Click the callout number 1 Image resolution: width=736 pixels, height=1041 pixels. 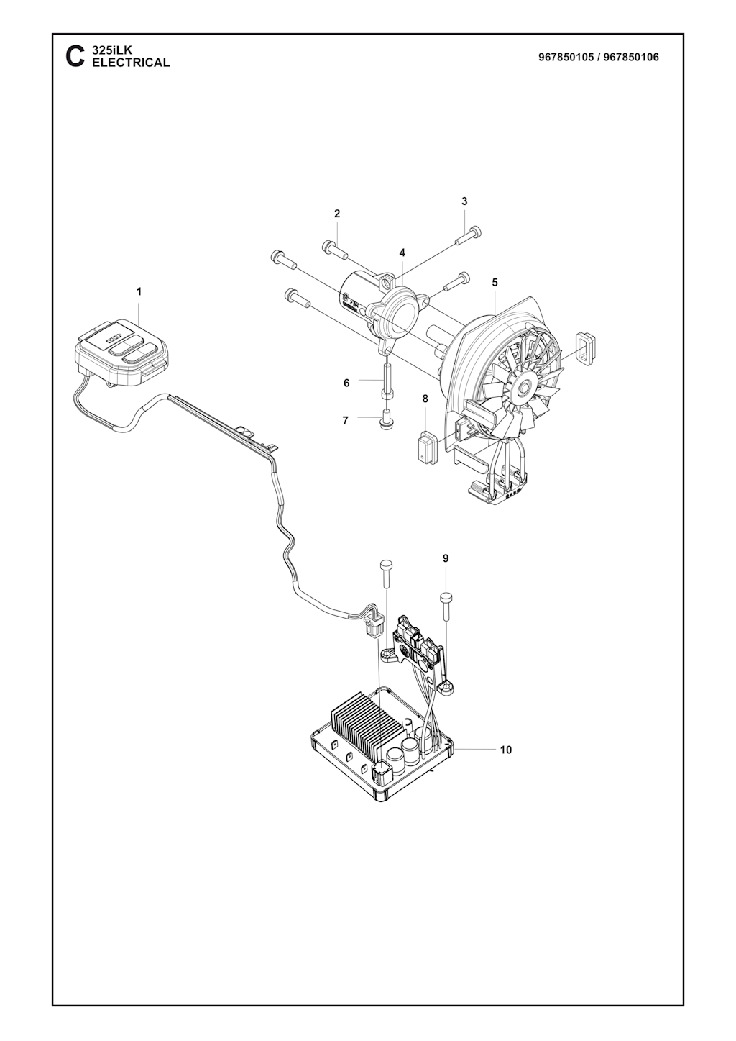point(139,292)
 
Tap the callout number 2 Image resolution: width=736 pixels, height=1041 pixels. point(337,214)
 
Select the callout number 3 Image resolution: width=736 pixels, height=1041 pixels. point(464,201)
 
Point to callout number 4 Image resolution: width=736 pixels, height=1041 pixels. point(402,253)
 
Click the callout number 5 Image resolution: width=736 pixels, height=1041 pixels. point(495,282)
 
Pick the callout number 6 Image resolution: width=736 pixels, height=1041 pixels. point(346,383)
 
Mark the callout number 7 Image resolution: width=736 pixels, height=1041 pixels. point(345,421)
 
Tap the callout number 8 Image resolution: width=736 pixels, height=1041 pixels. point(425,399)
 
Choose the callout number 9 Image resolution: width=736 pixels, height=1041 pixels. point(446,558)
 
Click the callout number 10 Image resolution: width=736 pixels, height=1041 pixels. point(506,750)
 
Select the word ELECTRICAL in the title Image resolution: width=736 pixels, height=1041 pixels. point(131,63)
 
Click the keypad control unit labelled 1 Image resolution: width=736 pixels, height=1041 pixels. point(121,351)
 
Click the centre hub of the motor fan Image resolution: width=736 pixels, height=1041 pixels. point(526,386)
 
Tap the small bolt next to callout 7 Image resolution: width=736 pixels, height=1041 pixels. point(385,419)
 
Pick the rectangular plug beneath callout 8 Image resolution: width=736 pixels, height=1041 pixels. point(425,447)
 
